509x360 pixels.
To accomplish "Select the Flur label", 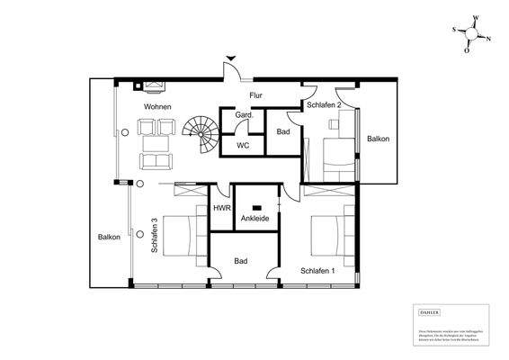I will [255, 94].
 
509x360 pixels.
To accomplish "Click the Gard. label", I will [244, 116].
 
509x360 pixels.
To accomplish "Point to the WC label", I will [243, 144].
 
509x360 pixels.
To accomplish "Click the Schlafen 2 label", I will [323, 105].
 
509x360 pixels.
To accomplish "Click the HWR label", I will [221, 208].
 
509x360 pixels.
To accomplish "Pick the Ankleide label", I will [254, 218].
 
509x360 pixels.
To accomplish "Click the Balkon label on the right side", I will [378, 139].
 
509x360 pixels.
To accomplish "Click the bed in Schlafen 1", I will [329, 236].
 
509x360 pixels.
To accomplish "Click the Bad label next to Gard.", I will [282, 131].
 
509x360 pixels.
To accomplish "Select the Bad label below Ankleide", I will [240, 261].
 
